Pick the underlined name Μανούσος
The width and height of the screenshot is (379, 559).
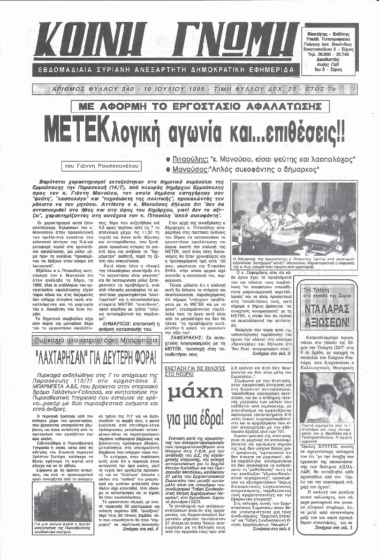[190, 168]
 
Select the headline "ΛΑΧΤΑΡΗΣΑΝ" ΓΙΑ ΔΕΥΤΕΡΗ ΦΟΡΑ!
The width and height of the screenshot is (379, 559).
[95, 360]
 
